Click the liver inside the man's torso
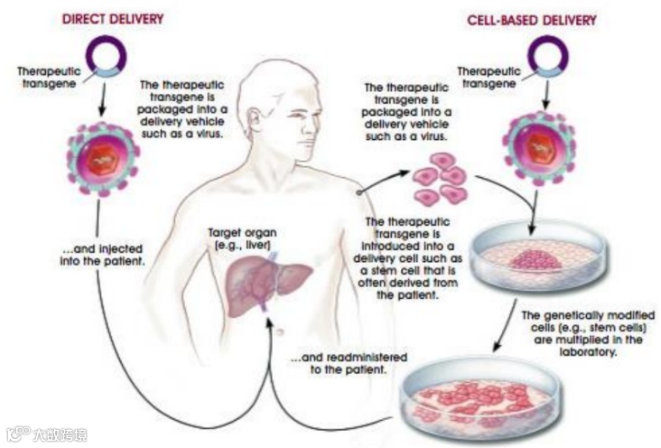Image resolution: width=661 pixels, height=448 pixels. point(262,280)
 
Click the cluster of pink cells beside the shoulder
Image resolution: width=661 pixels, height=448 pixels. point(441,179)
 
